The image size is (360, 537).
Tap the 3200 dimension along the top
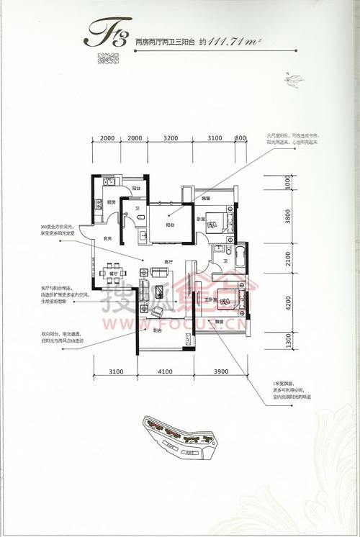(170, 137)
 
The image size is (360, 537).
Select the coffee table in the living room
(159, 291)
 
